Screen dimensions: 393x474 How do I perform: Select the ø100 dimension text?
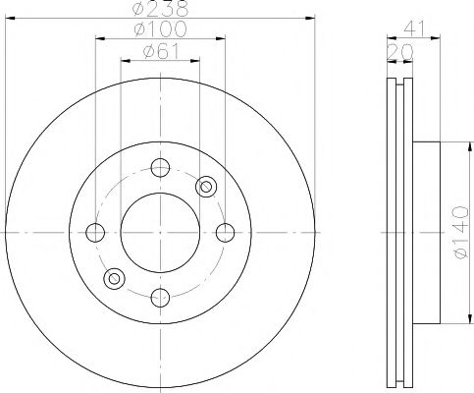[x=161, y=30]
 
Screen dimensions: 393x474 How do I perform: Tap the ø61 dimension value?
[x=161, y=51]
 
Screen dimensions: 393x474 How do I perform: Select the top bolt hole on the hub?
[x=160, y=167]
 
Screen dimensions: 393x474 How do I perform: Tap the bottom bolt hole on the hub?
[x=160, y=296]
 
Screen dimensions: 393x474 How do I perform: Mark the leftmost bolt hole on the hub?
[x=95, y=232]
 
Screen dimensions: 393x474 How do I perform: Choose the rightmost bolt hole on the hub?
[x=225, y=232]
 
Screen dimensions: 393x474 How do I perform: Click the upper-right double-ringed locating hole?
[x=206, y=185]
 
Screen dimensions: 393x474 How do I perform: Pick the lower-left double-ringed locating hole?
[x=114, y=279]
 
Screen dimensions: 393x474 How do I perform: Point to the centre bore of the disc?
[x=160, y=232]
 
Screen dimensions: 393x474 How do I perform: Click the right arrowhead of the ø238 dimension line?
[x=315, y=18]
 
